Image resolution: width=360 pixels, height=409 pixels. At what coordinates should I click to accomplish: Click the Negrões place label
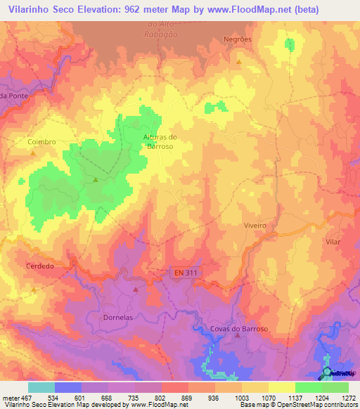(x=237, y=39)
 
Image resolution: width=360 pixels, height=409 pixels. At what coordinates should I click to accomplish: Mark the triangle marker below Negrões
(x=239, y=62)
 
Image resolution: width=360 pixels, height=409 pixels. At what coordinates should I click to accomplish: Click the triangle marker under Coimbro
(x=33, y=152)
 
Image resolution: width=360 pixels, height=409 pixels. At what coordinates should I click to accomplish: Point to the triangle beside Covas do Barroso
(x=238, y=335)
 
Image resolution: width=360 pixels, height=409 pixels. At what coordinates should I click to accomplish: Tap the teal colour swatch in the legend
(x=41, y=387)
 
